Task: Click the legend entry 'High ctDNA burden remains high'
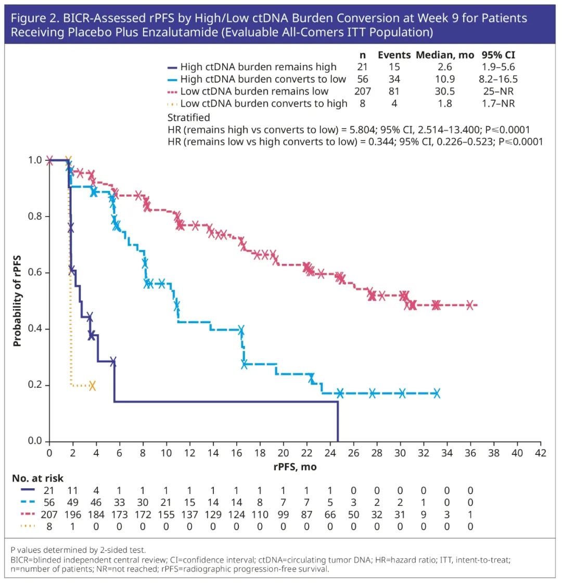[x=258, y=67]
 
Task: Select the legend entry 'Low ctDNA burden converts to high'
[x=264, y=104]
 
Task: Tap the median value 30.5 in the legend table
[x=445, y=92]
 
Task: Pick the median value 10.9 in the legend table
[x=445, y=80]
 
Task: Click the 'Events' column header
[x=394, y=55]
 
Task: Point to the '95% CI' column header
[x=499, y=55]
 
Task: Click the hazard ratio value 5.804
[x=323, y=130]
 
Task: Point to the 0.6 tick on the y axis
[x=34, y=273]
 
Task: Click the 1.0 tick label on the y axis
[x=34, y=160]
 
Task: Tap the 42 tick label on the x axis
[x=541, y=453]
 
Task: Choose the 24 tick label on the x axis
[x=330, y=453]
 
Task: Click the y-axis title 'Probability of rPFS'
[x=17, y=301]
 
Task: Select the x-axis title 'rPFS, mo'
[x=295, y=467]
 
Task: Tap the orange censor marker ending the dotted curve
[x=92, y=386]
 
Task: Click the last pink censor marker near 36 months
[x=470, y=305]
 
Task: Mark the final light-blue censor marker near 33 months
[x=436, y=393]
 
